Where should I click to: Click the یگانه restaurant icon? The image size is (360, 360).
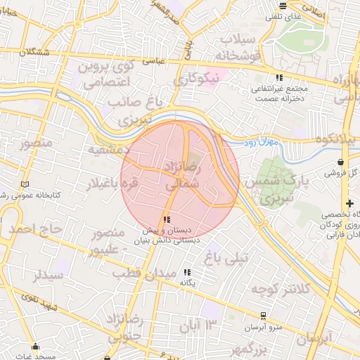pyautogui.click(x=187, y=272)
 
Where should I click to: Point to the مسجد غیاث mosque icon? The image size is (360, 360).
pyautogui.click(x=37, y=346)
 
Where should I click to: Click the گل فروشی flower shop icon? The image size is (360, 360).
pyautogui.click(x=330, y=172)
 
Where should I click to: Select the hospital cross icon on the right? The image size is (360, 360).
pyautogui.click(x=349, y=203)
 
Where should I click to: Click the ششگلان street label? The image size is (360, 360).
pyautogui.click(x=36, y=53)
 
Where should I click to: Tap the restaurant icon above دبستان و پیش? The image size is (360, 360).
pyautogui.click(x=166, y=220)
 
